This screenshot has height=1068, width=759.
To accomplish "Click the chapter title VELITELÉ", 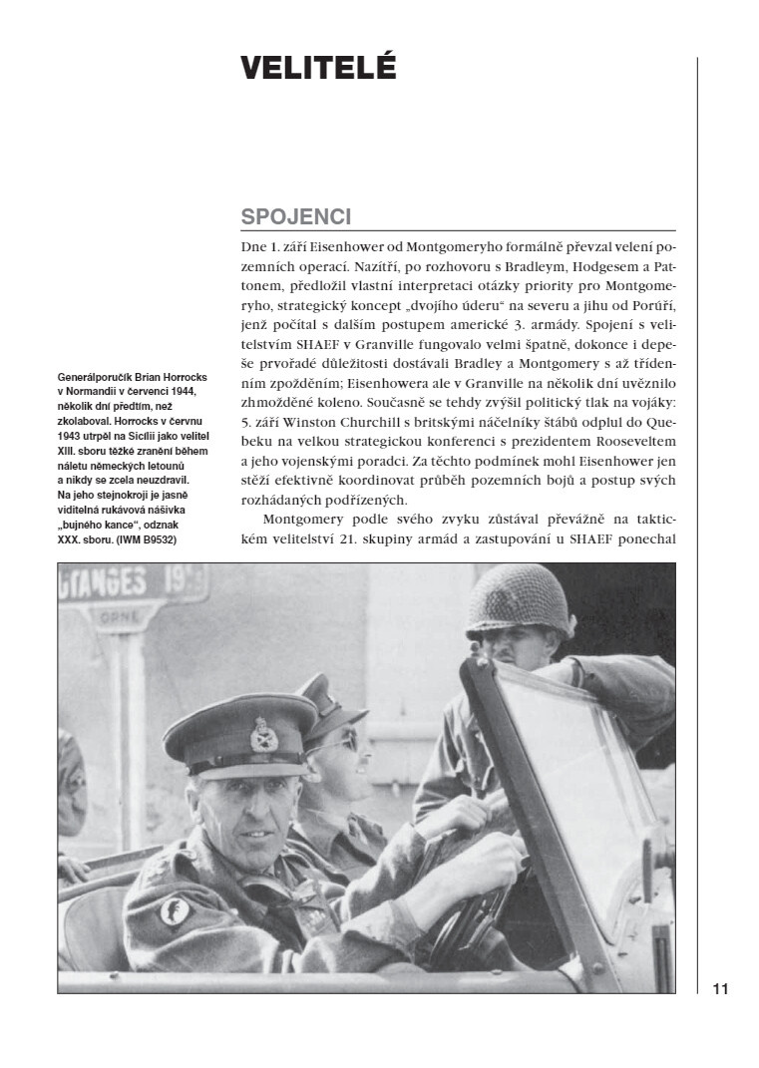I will (318, 68).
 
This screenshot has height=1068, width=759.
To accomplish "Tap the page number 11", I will (720, 989).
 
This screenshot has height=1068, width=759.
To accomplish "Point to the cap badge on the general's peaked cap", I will (260, 734).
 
